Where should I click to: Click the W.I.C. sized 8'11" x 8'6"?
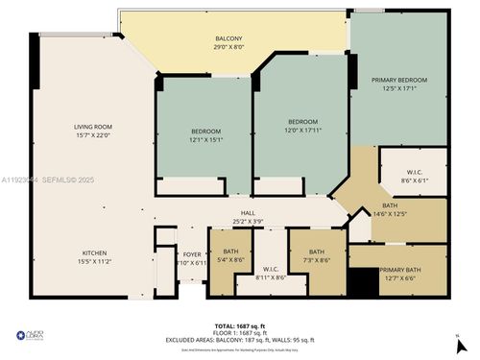tap(274, 274)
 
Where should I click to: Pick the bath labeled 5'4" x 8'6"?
tap(230, 256)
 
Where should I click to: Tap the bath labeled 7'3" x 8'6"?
tap(316, 256)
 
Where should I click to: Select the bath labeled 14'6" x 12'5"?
tap(396, 208)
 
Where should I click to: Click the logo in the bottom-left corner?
tap(34, 335)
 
